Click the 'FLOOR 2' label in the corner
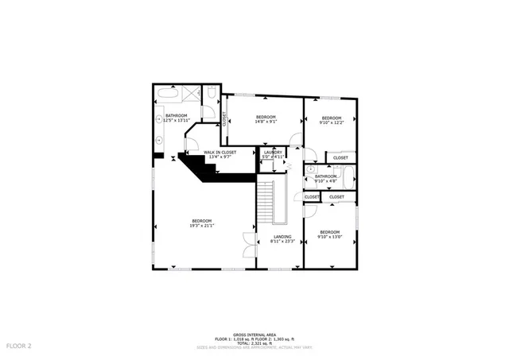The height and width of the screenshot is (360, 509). (x=19, y=346)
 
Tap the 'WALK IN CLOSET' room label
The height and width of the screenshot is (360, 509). (x=219, y=152)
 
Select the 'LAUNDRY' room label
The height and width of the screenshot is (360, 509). (x=274, y=152)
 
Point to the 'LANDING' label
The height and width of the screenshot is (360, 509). (x=282, y=237)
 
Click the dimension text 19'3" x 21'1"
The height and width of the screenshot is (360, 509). (x=202, y=226)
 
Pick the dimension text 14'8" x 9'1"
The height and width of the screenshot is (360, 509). (x=266, y=122)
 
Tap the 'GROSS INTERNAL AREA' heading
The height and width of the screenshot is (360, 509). (x=254, y=335)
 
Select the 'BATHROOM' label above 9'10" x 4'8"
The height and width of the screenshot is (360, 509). (x=326, y=176)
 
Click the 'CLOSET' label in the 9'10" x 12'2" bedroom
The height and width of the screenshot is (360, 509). (x=340, y=157)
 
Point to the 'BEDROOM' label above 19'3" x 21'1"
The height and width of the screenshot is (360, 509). (x=202, y=220)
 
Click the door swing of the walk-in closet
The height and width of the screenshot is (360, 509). (x=190, y=144)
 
